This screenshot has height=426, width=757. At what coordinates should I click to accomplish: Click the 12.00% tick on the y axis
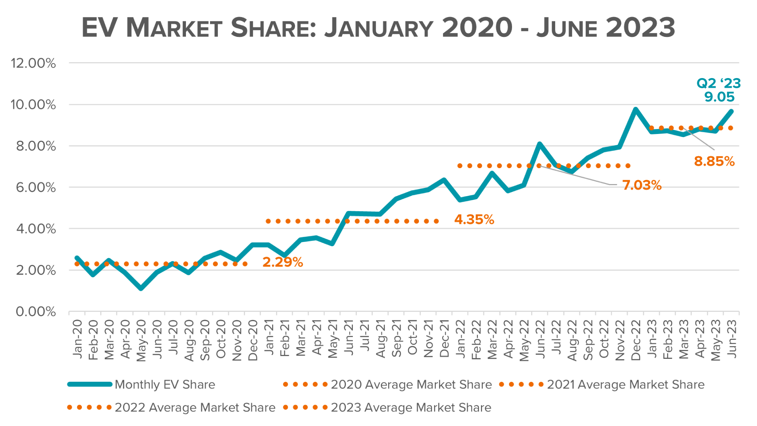pos(33,63)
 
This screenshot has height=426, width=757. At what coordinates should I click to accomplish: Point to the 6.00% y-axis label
pos(36,187)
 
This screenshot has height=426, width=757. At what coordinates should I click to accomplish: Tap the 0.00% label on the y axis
pos(36,311)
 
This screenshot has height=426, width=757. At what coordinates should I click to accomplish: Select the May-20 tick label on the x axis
pos(141,340)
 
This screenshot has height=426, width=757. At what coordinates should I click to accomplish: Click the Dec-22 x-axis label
pos(636,340)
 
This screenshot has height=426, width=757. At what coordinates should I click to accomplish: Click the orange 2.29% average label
pos(283,262)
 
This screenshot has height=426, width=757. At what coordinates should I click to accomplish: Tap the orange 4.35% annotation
pos(474,219)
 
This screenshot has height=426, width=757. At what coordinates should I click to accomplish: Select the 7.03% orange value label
pos(642,185)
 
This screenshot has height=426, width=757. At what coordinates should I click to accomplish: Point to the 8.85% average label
pos(714,161)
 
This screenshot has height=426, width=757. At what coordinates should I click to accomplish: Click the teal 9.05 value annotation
pos(719,97)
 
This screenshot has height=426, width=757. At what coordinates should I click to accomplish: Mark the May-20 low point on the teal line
pos(141,288)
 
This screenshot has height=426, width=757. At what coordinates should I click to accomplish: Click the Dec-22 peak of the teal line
pos(635,110)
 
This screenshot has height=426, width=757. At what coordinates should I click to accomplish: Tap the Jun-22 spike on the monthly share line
pos(540,144)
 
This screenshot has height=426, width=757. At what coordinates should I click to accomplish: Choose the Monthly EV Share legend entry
pos(165,384)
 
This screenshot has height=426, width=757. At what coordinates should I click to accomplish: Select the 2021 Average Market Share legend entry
pos(625,384)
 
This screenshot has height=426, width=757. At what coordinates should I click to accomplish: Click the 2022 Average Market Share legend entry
pos(195,407)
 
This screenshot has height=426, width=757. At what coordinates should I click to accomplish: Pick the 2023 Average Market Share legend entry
pos(411,407)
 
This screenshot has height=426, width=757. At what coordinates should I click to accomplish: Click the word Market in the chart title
pos(174,28)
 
